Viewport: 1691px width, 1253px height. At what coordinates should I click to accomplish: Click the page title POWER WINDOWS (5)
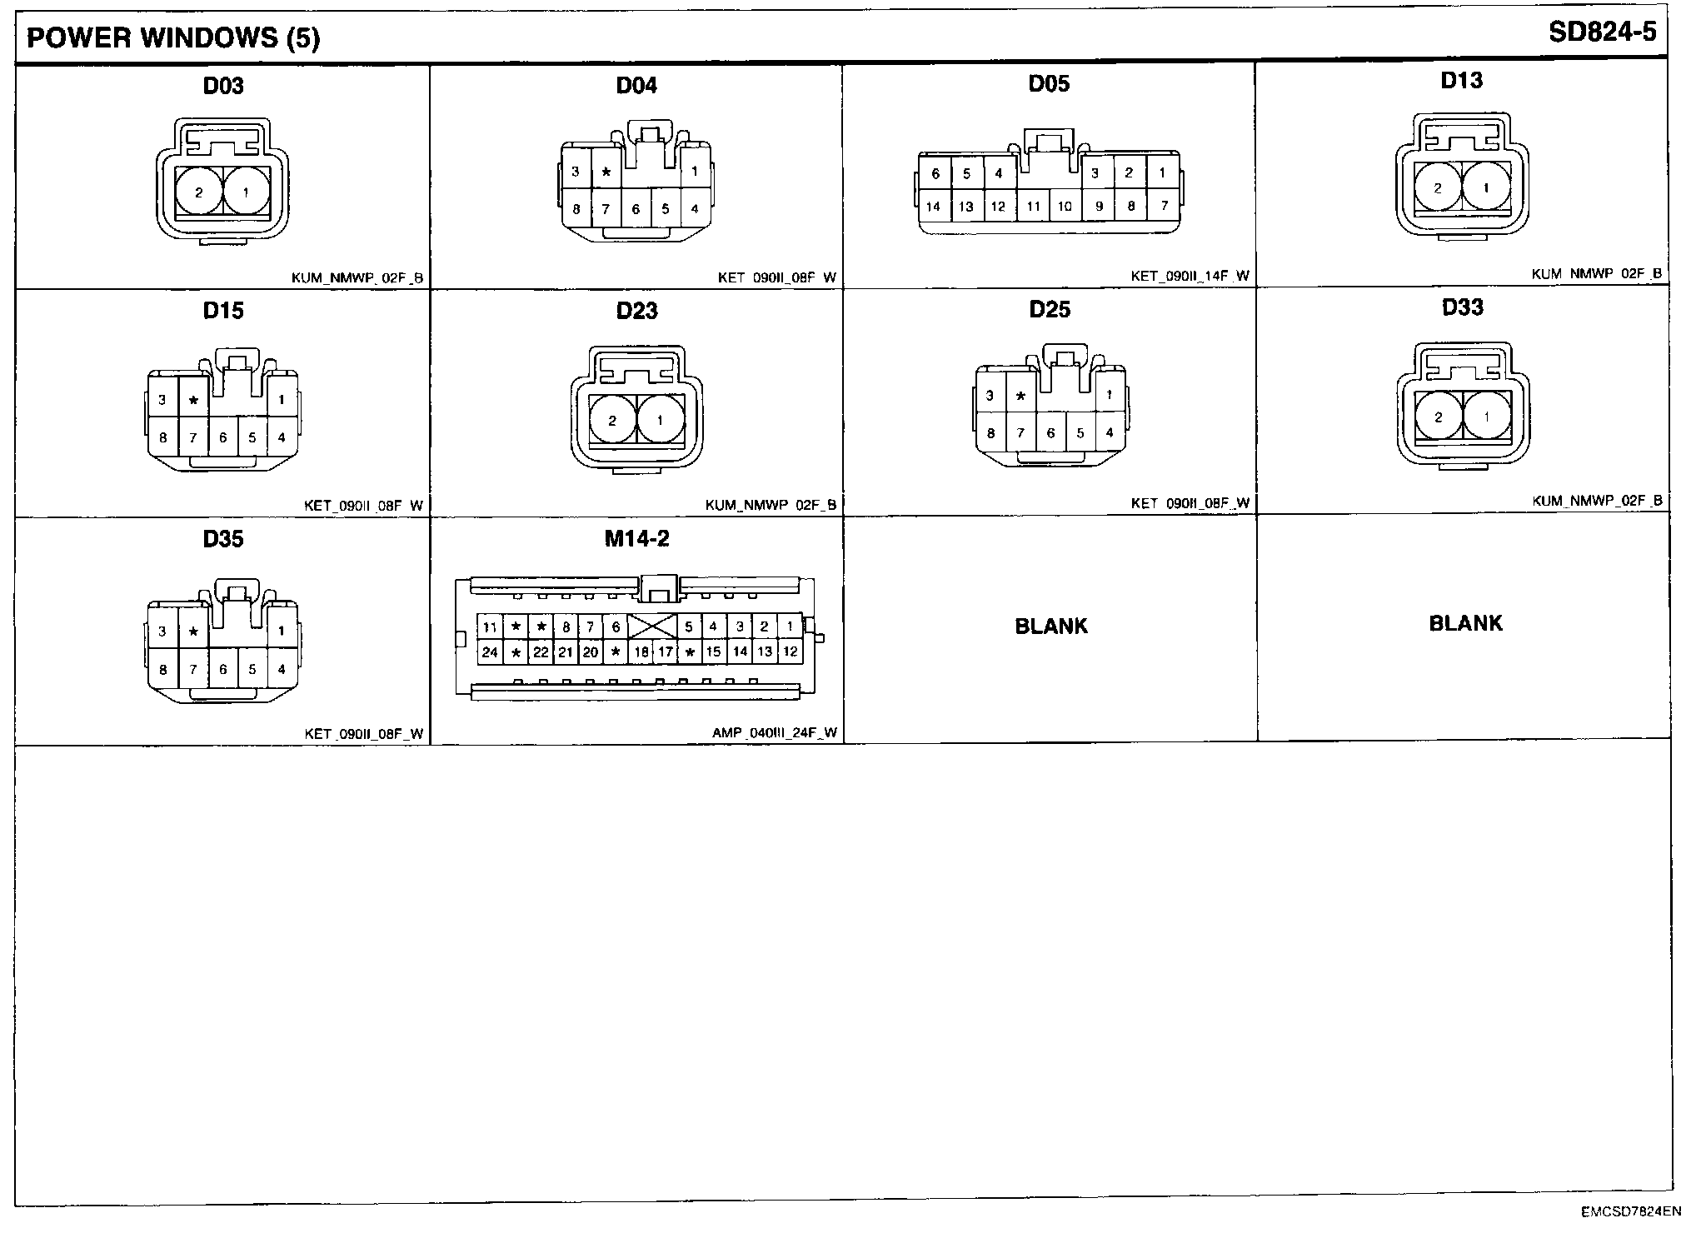[173, 38]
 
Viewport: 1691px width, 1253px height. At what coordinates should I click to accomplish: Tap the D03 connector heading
[223, 86]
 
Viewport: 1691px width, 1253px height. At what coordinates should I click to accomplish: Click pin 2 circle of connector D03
[198, 193]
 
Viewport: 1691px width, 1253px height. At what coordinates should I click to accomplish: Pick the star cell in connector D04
[606, 172]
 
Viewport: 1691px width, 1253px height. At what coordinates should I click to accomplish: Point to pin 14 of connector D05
[933, 207]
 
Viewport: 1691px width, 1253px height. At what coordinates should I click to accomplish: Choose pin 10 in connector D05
[1065, 207]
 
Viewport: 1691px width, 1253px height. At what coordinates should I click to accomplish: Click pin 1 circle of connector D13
[1486, 188]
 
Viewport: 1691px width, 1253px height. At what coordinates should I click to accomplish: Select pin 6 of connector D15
[222, 437]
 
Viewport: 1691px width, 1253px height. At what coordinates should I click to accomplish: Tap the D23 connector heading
[636, 311]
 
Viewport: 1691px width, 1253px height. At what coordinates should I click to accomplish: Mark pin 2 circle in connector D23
[612, 420]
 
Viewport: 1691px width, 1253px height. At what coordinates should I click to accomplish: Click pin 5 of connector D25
[1080, 433]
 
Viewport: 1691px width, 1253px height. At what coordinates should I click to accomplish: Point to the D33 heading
[1462, 307]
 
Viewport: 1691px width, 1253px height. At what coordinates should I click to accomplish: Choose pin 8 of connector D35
[162, 669]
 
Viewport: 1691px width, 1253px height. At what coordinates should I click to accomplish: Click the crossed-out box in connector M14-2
[651, 626]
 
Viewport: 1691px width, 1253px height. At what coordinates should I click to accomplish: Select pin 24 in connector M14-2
[490, 652]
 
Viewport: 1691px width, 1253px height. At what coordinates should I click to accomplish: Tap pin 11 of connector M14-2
[490, 627]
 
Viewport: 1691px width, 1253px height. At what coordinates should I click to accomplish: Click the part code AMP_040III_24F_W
[774, 734]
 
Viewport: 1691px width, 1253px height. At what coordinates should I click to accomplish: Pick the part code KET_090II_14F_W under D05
[1190, 277]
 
